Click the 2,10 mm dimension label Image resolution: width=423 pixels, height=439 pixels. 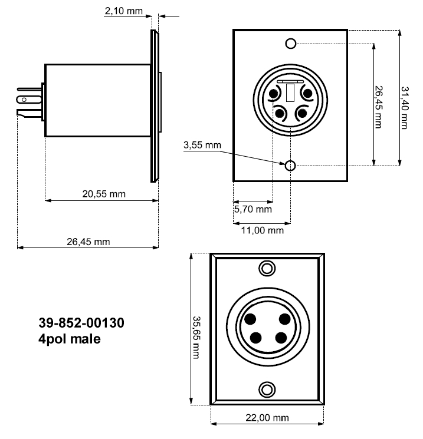(124, 11)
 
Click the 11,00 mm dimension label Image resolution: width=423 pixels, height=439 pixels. (264, 230)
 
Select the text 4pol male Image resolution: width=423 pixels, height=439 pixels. (69, 339)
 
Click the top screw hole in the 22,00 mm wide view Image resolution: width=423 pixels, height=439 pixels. (267, 269)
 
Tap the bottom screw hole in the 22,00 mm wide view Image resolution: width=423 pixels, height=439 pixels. (267, 390)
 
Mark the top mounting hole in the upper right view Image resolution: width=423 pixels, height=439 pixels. (290, 43)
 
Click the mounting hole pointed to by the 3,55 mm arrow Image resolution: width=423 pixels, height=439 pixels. (290, 166)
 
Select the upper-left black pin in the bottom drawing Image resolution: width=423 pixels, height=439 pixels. (250, 319)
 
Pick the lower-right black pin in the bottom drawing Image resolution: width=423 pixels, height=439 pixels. (281, 338)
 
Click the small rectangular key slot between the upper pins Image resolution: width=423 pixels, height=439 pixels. (290, 93)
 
